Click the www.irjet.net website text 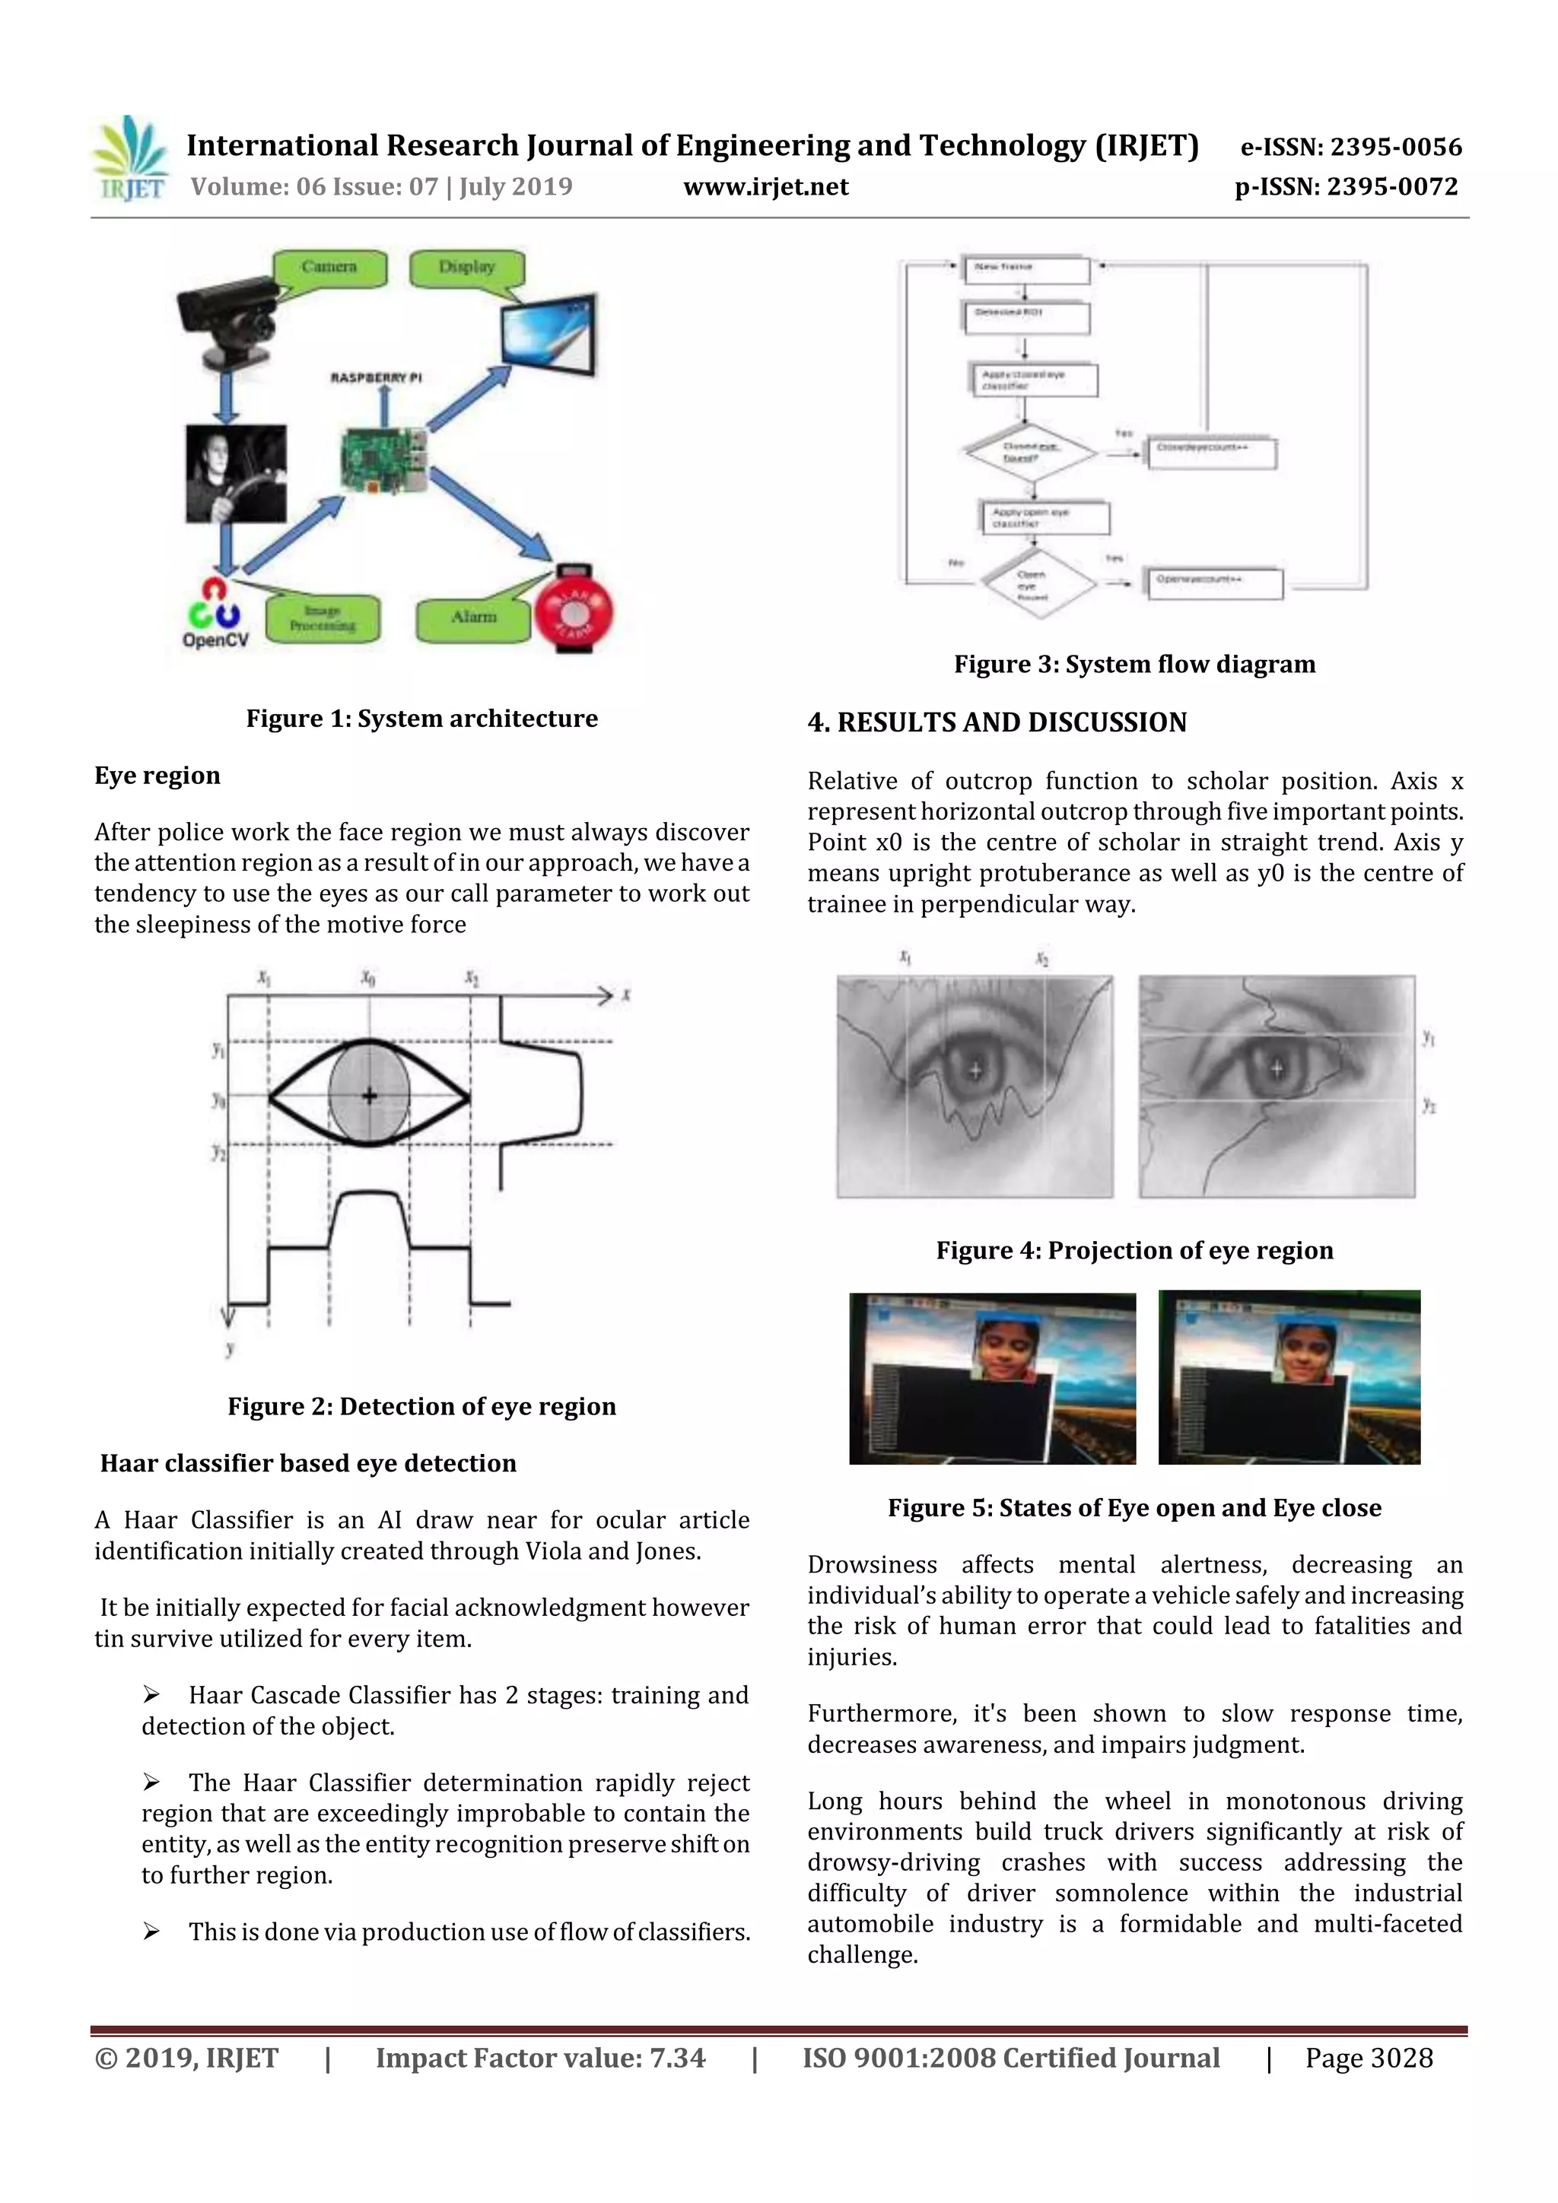click(x=765, y=186)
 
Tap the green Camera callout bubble click(x=329, y=268)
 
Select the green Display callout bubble click(x=466, y=268)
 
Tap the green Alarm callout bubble click(x=473, y=618)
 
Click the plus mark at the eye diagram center click(x=370, y=1095)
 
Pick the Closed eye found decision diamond click(x=1030, y=452)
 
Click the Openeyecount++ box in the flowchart click(x=1214, y=582)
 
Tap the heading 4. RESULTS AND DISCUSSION click(x=997, y=722)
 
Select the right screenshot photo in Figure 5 click(x=1288, y=1377)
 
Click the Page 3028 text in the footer click(x=1368, y=2058)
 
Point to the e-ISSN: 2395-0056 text click(x=1350, y=148)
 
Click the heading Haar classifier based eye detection click(x=308, y=1463)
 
